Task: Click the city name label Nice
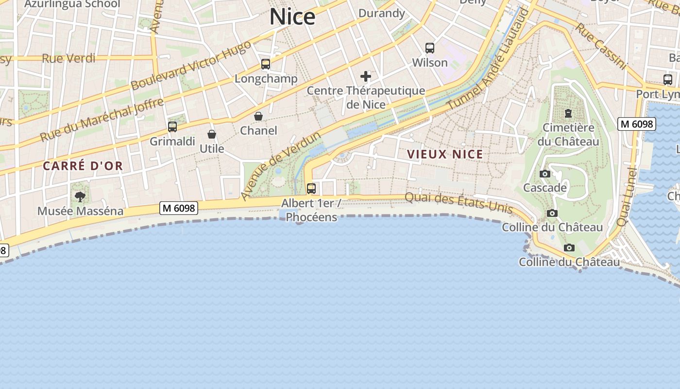pyautogui.click(x=292, y=17)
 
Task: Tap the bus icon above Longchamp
pyautogui.click(x=265, y=64)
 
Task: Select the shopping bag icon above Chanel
pyautogui.click(x=258, y=117)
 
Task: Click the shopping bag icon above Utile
pyautogui.click(x=212, y=134)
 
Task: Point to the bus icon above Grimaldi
pyautogui.click(x=172, y=127)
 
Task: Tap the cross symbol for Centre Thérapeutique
pyautogui.click(x=366, y=76)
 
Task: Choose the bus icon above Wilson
pyautogui.click(x=430, y=48)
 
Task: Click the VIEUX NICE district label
pyautogui.click(x=445, y=155)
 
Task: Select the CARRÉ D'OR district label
pyautogui.click(x=83, y=166)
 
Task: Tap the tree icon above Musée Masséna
pyautogui.click(x=80, y=197)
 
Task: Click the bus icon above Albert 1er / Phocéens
pyautogui.click(x=311, y=189)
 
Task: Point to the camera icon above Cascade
pyautogui.click(x=545, y=174)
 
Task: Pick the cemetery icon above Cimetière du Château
pyautogui.click(x=568, y=114)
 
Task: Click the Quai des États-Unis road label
pyautogui.click(x=459, y=203)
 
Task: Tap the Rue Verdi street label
pyautogui.click(x=68, y=58)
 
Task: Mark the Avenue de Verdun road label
pyautogui.click(x=281, y=165)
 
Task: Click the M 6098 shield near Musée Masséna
pyautogui.click(x=179, y=208)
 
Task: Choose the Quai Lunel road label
pyautogui.click(x=627, y=196)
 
